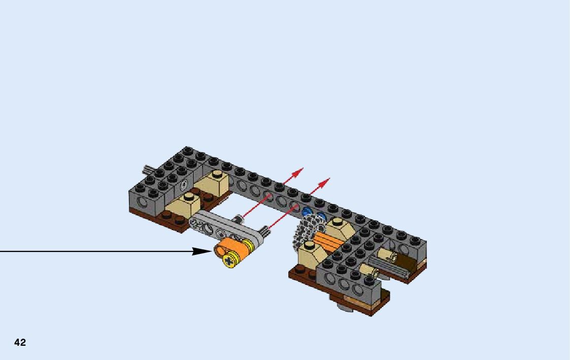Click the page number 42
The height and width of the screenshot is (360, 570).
pos(20,342)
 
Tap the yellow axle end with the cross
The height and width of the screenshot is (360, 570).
pos(229,260)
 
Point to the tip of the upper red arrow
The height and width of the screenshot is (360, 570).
pos(303,168)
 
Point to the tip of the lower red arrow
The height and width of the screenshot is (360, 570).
pos(330,178)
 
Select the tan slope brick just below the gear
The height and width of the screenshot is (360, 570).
pos(312,254)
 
